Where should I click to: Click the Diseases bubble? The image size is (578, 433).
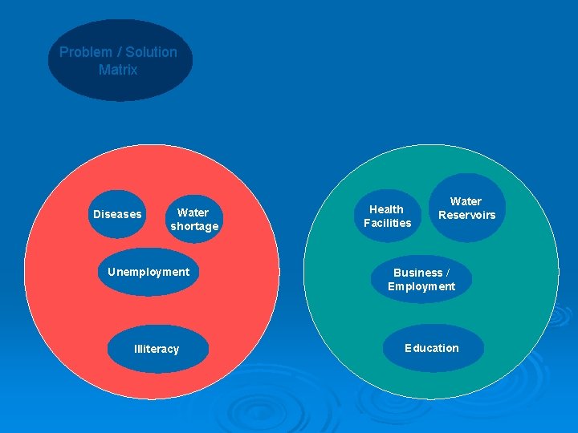point(117,214)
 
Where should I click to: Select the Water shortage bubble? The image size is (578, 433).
point(193,219)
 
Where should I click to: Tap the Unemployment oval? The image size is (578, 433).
point(149,273)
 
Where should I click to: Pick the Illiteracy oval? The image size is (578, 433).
point(157,349)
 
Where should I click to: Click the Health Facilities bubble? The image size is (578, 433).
point(387,216)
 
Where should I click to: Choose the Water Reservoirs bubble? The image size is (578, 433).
point(466,208)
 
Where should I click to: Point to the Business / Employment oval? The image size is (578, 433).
point(421,280)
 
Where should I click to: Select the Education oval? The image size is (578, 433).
point(432,348)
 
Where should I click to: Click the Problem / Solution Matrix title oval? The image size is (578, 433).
point(120,61)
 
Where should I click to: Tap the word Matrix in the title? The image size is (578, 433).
point(118,70)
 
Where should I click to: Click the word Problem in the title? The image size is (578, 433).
point(86,52)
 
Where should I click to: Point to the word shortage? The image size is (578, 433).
point(194,227)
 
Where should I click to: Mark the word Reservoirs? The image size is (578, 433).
point(466,215)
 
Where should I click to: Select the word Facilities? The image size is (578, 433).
point(387,223)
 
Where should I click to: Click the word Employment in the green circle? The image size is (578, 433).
point(421,287)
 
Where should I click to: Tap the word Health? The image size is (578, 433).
point(386,209)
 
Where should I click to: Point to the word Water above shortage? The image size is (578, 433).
point(193,212)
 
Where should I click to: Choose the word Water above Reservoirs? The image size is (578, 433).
point(466,201)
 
